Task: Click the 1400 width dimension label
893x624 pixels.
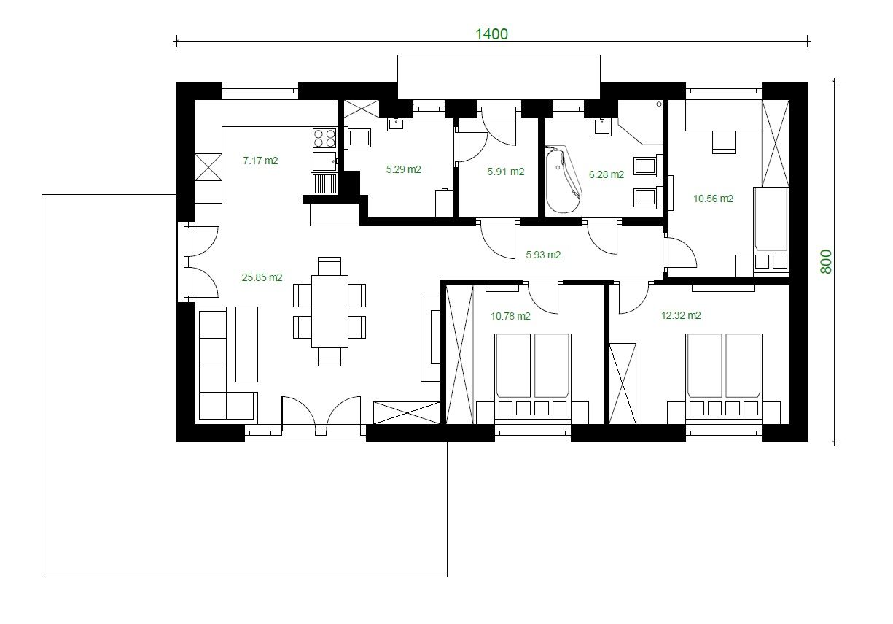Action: pyautogui.click(x=491, y=34)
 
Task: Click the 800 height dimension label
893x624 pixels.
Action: pyautogui.click(x=827, y=262)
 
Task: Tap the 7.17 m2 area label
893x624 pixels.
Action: pyautogui.click(x=260, y=161)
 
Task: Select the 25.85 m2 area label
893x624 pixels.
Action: pyautogui.click(x=262, y=277)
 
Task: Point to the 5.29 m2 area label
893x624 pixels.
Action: pyautogui.click(x=403, y=169)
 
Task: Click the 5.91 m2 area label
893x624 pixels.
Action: pyautogui.click(x=505, y=172)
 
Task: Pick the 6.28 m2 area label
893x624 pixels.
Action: pyautogui.click(x=607, y=174)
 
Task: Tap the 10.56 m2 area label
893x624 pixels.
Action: pyautogui.click(x=713, y=199)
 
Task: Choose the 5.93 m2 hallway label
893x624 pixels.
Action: pyautogui.click(x=543, y=255)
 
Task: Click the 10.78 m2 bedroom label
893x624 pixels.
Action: pyautogui.click(x=510, y=316)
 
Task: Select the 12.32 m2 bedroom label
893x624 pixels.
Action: pyautogui.click(x=681, y=315)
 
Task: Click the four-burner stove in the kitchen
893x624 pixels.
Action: pyautogui.click(x=324, y=138)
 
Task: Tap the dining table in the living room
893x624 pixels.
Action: pyautogui.click(x=329, y=312)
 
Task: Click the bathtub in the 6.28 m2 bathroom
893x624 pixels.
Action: pyautogui.click(x=563, y=182)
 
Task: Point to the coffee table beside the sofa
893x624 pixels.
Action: pyautogui.click(x=246, y=344)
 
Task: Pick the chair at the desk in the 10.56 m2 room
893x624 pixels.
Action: pyautogui.click(x=724, y=142)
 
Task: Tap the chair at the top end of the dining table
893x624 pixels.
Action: pyautogui.click(x=329, y=266)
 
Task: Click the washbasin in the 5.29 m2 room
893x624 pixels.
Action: pyautogui.click(x=396, y=125)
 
